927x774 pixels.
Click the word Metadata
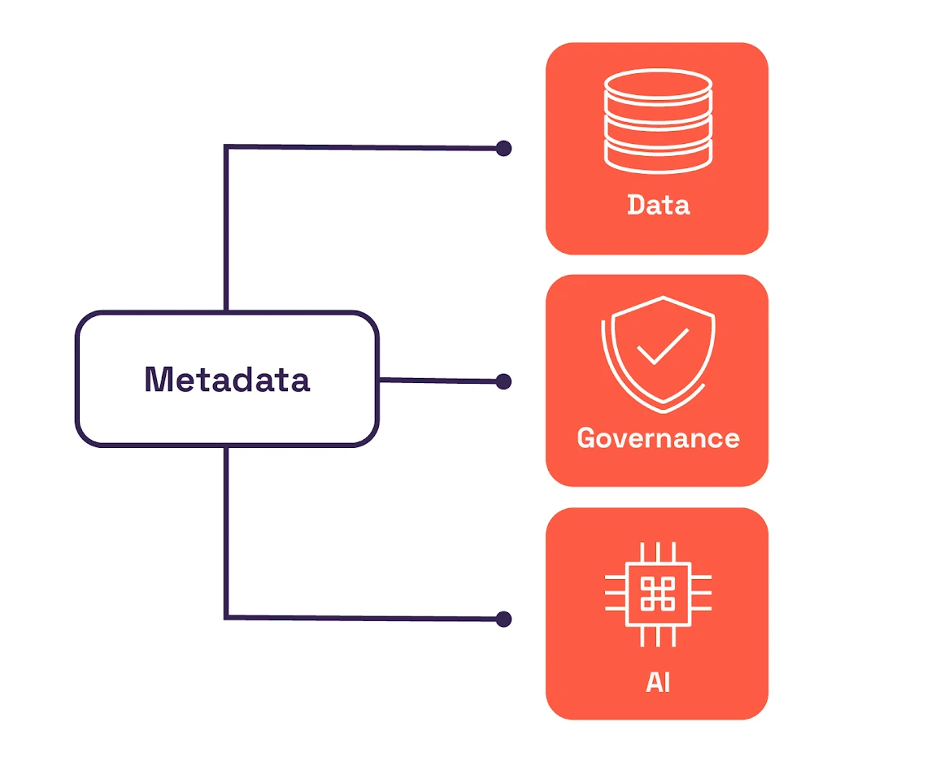click(227, 380)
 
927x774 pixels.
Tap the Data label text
click(658, 204)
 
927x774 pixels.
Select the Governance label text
click(658, 438)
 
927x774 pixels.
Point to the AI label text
click(658, 682)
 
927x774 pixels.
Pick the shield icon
click(659, 353)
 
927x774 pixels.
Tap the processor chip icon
click(658, 594)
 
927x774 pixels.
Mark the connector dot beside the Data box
click(504, 148)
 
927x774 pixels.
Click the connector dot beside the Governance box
click(504, 381)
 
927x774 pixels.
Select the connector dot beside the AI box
click(504, 620)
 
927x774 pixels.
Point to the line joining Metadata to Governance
click(439, 380)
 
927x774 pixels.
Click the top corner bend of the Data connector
click(226, 147)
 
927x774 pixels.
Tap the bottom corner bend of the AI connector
click(226, 617)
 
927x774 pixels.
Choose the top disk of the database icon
click(658, 85)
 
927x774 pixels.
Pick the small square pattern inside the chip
click(658, 594)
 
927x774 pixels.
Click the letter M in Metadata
click(160, 380)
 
